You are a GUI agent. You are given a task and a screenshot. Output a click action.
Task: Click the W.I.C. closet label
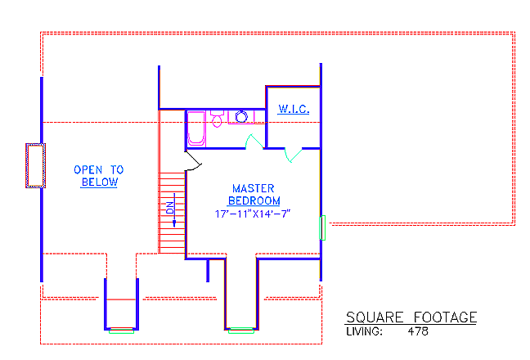point(292,109)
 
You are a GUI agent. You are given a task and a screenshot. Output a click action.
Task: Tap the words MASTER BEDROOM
point(254,194)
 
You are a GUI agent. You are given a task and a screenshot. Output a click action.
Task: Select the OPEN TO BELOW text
point(99,176)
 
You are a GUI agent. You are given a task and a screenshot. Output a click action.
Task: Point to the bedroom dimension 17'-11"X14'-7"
point(254,214)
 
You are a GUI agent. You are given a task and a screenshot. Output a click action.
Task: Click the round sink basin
point(242,117)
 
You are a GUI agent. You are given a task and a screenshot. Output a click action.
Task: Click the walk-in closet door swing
point(290,153)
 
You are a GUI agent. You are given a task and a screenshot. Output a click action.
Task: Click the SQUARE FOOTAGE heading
point(411,317)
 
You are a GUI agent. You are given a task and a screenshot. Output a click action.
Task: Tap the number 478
point(417,332)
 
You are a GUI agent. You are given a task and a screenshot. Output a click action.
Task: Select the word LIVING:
point(365,332)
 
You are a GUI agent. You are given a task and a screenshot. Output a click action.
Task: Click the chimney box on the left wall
point(34,166)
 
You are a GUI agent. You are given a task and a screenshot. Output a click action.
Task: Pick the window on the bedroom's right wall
point(322,227)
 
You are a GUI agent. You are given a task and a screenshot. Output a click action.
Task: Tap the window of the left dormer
point(121,330)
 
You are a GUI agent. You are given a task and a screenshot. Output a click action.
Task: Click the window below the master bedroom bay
point(240,330)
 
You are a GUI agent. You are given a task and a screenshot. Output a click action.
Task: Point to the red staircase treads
point(172,213)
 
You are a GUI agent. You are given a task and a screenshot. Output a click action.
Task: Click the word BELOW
point(99,182)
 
